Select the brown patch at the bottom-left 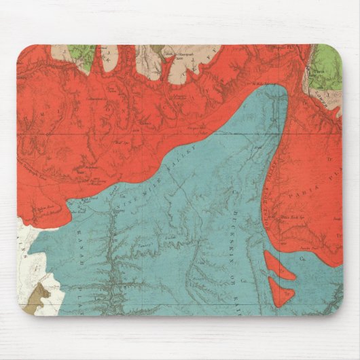[x=39, y=297]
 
